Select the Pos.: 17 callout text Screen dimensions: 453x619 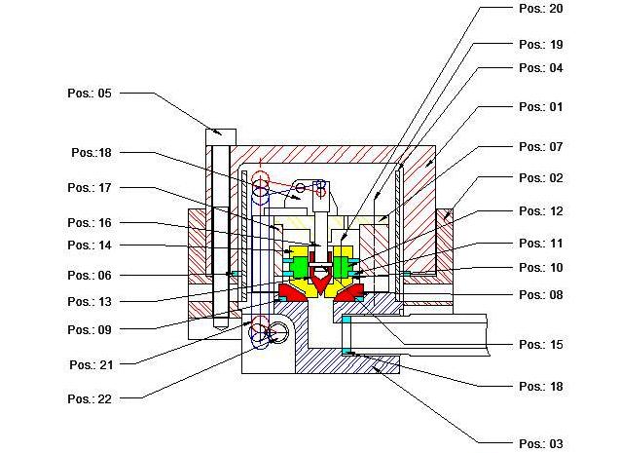tap(91, 187)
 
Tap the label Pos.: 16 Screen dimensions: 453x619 tap(91, 223)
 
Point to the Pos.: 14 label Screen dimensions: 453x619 tap(91, 245)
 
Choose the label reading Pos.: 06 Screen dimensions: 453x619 tap(91, 276)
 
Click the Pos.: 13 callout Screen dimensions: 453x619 tap(91, 302)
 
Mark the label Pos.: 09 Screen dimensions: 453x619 tap(91, 329)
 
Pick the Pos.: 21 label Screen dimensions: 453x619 tap(91, 364)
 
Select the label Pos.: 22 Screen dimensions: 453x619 tap(91, 398)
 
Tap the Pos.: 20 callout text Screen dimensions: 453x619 tap(541, 8)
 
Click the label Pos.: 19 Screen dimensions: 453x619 tap(541, 45)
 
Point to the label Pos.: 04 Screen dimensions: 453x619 tap(541, 68)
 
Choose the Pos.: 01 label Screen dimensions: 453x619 tap(541, 107)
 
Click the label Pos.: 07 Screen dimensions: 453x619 tap(541, 147)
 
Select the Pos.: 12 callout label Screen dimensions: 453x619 tap(541, 211)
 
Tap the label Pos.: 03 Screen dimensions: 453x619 tap(541, 443)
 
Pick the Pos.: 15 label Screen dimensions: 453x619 tap(541, 345)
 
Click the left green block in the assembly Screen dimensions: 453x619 tap(300, 266)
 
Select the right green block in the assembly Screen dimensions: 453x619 tap(342, 266)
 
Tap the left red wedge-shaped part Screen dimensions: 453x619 tap(293, 292)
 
